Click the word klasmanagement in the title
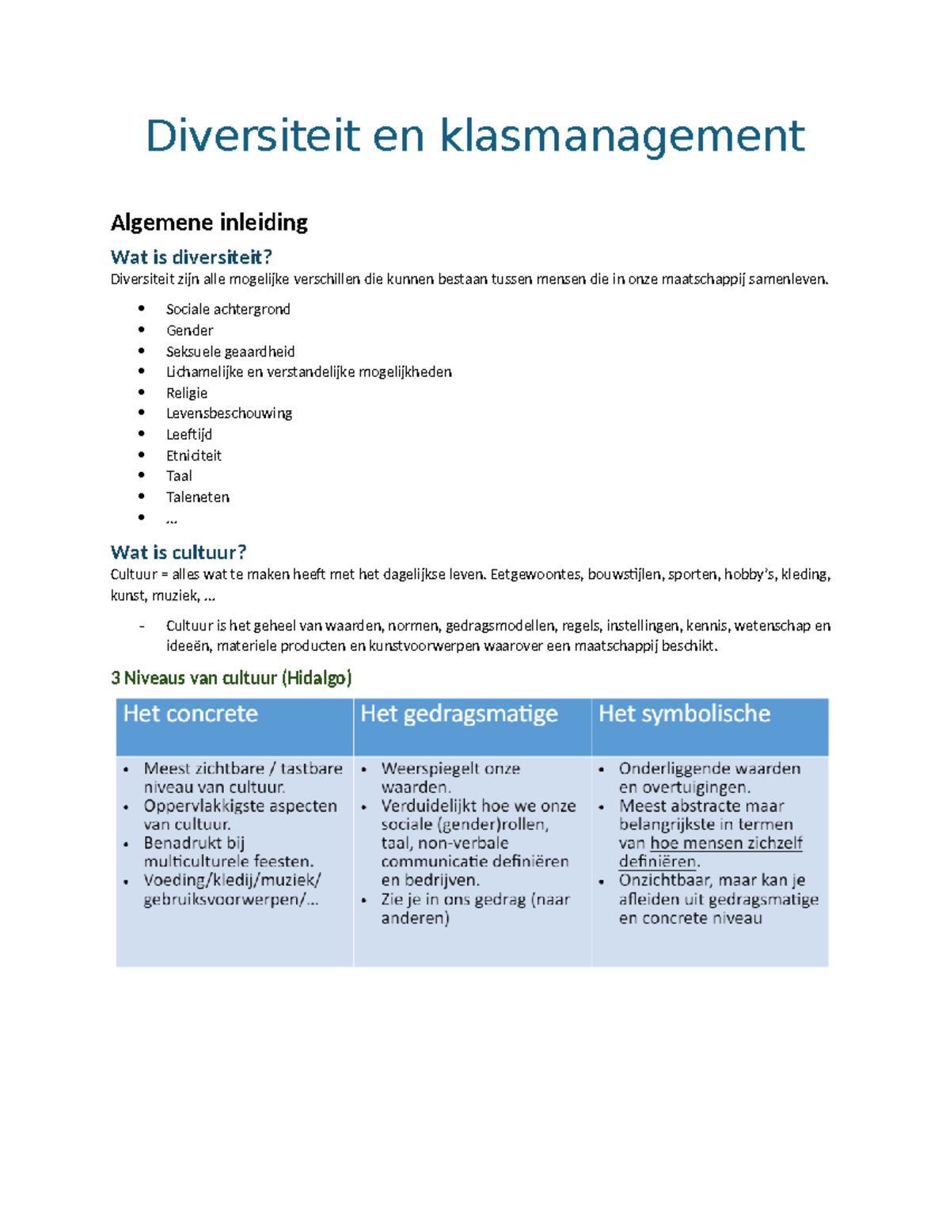click(621, 136)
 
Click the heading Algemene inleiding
click(209, 223)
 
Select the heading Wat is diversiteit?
click(191, 257)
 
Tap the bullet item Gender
click(189, 330)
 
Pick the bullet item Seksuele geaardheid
click(230, 352)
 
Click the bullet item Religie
click(186, 393)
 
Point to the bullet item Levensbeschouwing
click(229, 413)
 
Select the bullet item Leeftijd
click(188, 434)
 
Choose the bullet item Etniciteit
click(193, 455)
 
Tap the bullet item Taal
click(179, 476)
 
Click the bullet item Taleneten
click(197, 497)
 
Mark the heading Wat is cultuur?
click(178, 552)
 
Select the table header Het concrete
click(190, 714)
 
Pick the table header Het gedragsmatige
click(458, 714)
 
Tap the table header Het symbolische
click(684, 714)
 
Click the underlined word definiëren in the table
click(658, 862)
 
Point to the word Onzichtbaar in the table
click(663, 881)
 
